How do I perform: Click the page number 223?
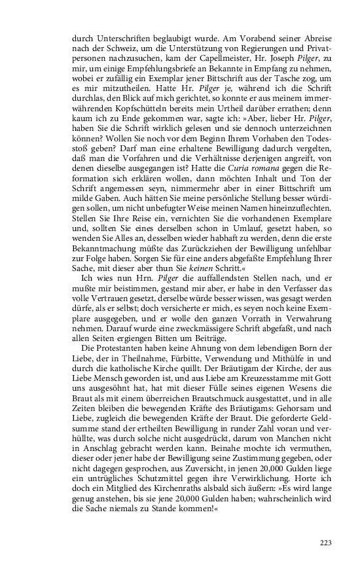click(325, 542)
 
